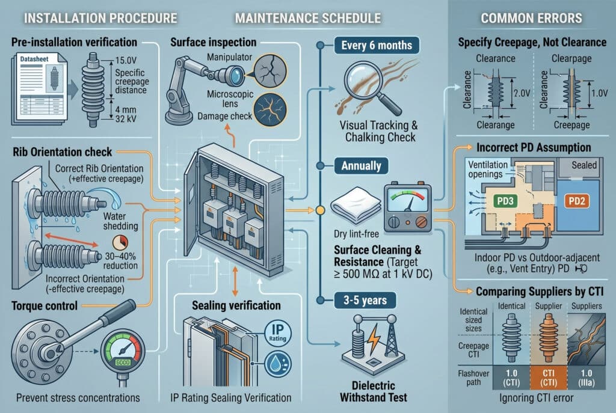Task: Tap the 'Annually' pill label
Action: click(360, 164)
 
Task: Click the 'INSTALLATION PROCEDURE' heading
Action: click(92, 17)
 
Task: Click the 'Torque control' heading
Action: click(45, 305)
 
